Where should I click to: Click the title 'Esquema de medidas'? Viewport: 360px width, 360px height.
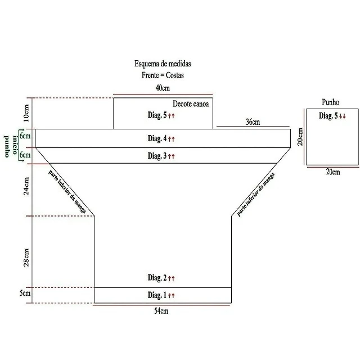tap(163, 64)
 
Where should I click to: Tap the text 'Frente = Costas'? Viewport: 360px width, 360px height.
tap(163, 75)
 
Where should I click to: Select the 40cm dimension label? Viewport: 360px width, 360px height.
tap(163, 88)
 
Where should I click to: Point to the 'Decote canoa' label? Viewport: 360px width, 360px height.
tap(191, 103)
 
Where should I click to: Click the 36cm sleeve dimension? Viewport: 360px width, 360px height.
tap(253, 122)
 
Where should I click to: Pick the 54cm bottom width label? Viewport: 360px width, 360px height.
tap(161, 311)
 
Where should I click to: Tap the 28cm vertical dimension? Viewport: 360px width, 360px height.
tap(26, 258)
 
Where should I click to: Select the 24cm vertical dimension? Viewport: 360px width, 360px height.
tap(26, 186)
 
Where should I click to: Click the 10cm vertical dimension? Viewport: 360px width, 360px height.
tap(26, 113)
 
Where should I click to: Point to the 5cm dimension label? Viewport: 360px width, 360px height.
tap(25, 293)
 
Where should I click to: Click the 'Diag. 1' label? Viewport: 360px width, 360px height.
tap(157, 295)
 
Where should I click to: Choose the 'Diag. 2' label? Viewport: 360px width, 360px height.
tap(157, 278)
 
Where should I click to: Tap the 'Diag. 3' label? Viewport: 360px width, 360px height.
tap(157, 156)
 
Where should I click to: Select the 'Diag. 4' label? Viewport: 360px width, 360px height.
tap(157, 138)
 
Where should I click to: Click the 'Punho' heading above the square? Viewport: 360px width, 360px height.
tap(330, 102)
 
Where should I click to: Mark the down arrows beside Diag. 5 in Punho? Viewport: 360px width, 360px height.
tap(343, 116)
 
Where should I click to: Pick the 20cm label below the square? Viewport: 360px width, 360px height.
tap(333, 172)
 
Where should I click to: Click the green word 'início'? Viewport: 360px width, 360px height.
tap(15, 145)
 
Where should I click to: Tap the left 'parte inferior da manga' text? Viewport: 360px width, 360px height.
tap(67, 192)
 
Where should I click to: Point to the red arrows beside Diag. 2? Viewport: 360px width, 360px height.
tap(171, 278)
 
